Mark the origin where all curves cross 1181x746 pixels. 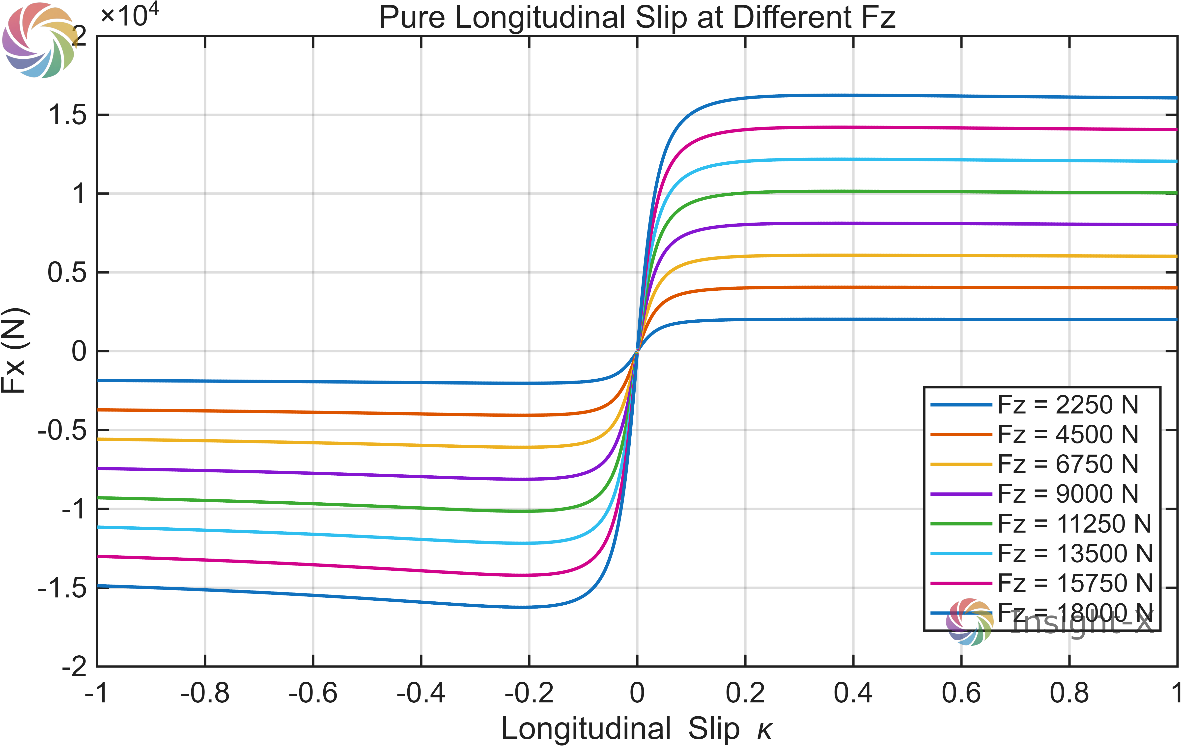pos(637,351)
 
